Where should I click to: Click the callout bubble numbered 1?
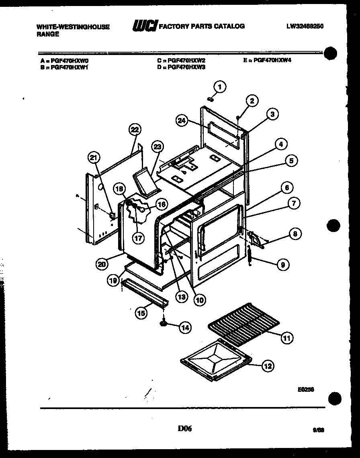(x=219, y=86)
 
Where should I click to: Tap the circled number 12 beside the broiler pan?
(x=267, y=366)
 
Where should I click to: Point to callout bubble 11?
(x=286, y=338)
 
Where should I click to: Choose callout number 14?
(x=184, y=328)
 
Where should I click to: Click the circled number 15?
(x=141, y=313)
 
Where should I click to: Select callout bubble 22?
(x=134, y=130)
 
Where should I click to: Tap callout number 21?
(x=94, y=158)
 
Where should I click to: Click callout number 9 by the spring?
(x=283, y=265)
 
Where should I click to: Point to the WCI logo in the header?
(x=145, y=26)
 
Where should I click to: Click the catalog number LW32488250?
(x=305, y=26)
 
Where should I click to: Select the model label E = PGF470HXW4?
(x=267, y=60)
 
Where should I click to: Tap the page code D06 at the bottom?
(x=184, y=429)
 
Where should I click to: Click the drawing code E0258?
(x=306, y=389)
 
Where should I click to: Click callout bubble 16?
(x=160, y=204)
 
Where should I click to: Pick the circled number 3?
(x=272, y=115)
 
